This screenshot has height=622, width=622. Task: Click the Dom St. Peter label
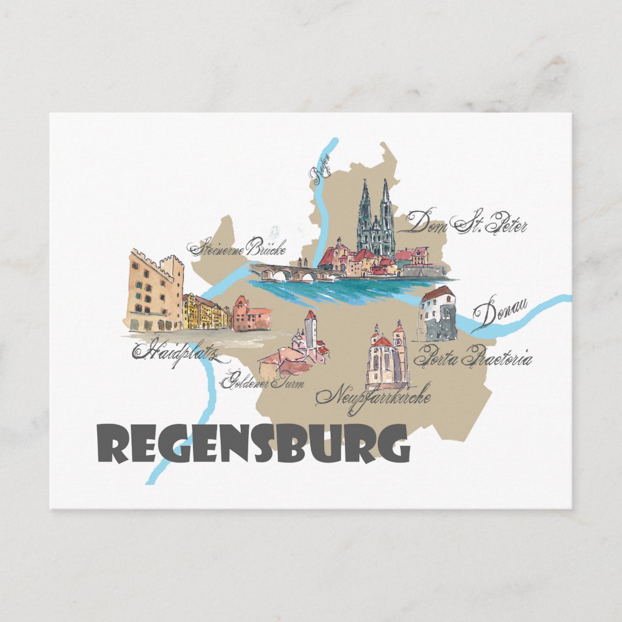pos(466,222)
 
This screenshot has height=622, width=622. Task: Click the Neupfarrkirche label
pos(373,396)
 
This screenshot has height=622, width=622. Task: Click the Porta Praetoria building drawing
pos(437,314)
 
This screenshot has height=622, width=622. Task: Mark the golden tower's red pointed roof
pos(310,316)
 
